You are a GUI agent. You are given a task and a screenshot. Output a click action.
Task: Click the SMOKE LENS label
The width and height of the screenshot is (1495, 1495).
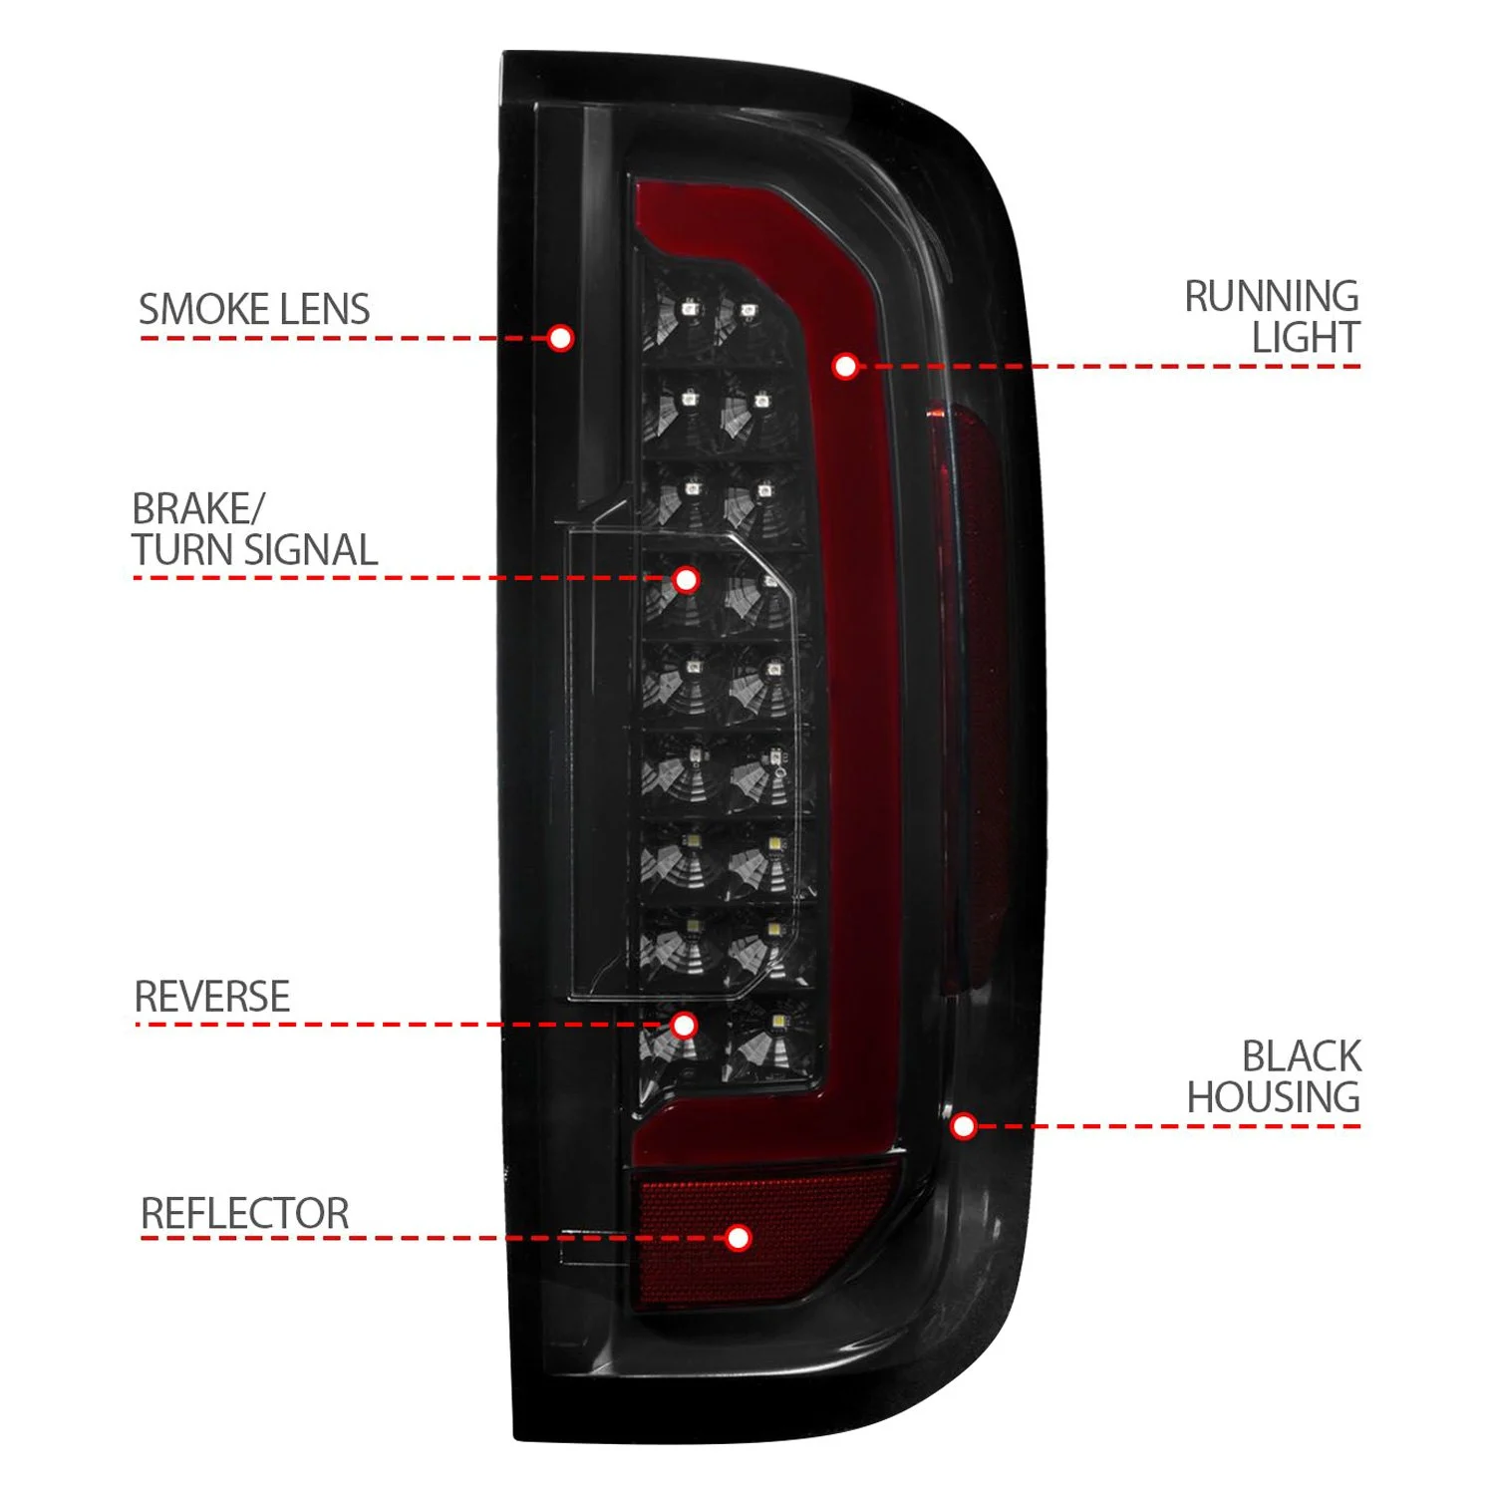click(x=254, y=309)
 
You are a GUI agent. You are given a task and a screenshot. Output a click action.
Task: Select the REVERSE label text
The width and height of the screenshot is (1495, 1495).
click(x=212, y=997)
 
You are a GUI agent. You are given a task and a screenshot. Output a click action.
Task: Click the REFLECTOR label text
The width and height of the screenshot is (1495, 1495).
click(x=245, y=1214)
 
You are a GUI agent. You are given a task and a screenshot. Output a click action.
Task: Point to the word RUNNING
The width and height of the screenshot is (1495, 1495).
click(x=1271, y=297)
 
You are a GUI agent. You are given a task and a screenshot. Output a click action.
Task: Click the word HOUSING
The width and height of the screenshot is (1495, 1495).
click(x=1273, y=1098)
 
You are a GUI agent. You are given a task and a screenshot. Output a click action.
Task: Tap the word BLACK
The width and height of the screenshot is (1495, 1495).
click(x=1301, y=1056)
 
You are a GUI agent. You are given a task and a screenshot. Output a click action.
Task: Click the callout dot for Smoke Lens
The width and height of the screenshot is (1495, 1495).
click(x=560, y=338)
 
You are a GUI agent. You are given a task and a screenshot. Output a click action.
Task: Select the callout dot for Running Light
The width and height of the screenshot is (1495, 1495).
click(x=845, y=367)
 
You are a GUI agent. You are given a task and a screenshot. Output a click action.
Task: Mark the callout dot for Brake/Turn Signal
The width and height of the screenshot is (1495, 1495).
click(x=686, y=579)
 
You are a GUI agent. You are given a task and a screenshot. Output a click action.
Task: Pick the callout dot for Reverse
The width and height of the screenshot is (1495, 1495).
click(x=684, y=1025)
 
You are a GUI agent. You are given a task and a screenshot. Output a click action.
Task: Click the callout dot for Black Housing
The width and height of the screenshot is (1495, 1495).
click(x=963, y=1126)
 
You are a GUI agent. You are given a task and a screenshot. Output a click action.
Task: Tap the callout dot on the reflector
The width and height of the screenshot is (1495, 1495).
click(x=738, y=1238)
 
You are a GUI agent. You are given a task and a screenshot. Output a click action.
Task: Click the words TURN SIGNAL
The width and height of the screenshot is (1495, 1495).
click(x=255, y=551)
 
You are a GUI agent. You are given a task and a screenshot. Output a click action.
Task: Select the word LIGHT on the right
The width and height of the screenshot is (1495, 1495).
click(x=1306, y=339)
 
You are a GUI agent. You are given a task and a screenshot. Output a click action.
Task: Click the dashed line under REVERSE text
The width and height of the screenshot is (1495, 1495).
click(x=399, y=1025)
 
